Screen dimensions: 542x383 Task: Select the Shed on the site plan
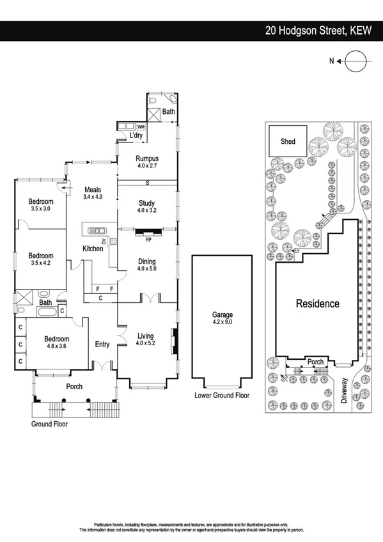click(288, 141)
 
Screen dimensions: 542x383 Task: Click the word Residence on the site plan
click(317, 304)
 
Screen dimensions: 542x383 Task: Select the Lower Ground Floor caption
click(222, 396)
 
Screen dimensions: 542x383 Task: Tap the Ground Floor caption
click(49, 423)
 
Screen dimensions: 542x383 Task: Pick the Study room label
click(146, 203)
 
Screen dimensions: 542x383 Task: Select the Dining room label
click(146, 261)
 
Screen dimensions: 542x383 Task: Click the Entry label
click(102, 345)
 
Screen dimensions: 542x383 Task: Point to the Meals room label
click(93, 189)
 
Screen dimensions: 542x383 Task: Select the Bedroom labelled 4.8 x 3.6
click(56, 343)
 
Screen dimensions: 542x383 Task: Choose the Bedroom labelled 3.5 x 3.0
click(40, 205)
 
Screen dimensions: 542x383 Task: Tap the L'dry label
click(136, 136)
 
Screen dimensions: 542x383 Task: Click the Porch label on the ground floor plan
click(75, 387)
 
